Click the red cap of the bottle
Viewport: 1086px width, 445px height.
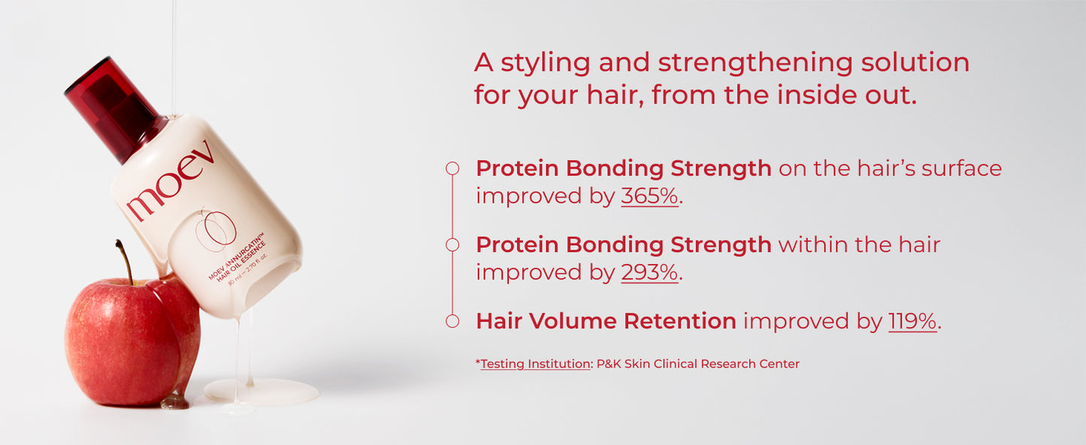[116, 109]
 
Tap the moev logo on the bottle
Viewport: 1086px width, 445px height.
[171, 180]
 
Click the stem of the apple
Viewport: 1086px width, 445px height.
[125, 262]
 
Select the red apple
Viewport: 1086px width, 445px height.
[132, 341]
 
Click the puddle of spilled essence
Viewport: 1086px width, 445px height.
[262, 391]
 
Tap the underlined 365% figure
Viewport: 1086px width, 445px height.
[649, 196]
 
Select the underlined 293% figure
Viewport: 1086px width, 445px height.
[649, 272]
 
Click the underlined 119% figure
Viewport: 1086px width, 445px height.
[912, 322]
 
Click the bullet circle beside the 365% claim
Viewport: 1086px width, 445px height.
[452, 168]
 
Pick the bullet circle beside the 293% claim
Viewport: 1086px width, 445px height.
[452, 245]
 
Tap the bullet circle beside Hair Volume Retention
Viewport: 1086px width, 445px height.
[452, 321]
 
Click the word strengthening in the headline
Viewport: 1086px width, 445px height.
[755, 64]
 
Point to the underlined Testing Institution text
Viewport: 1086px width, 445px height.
[535, 364]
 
